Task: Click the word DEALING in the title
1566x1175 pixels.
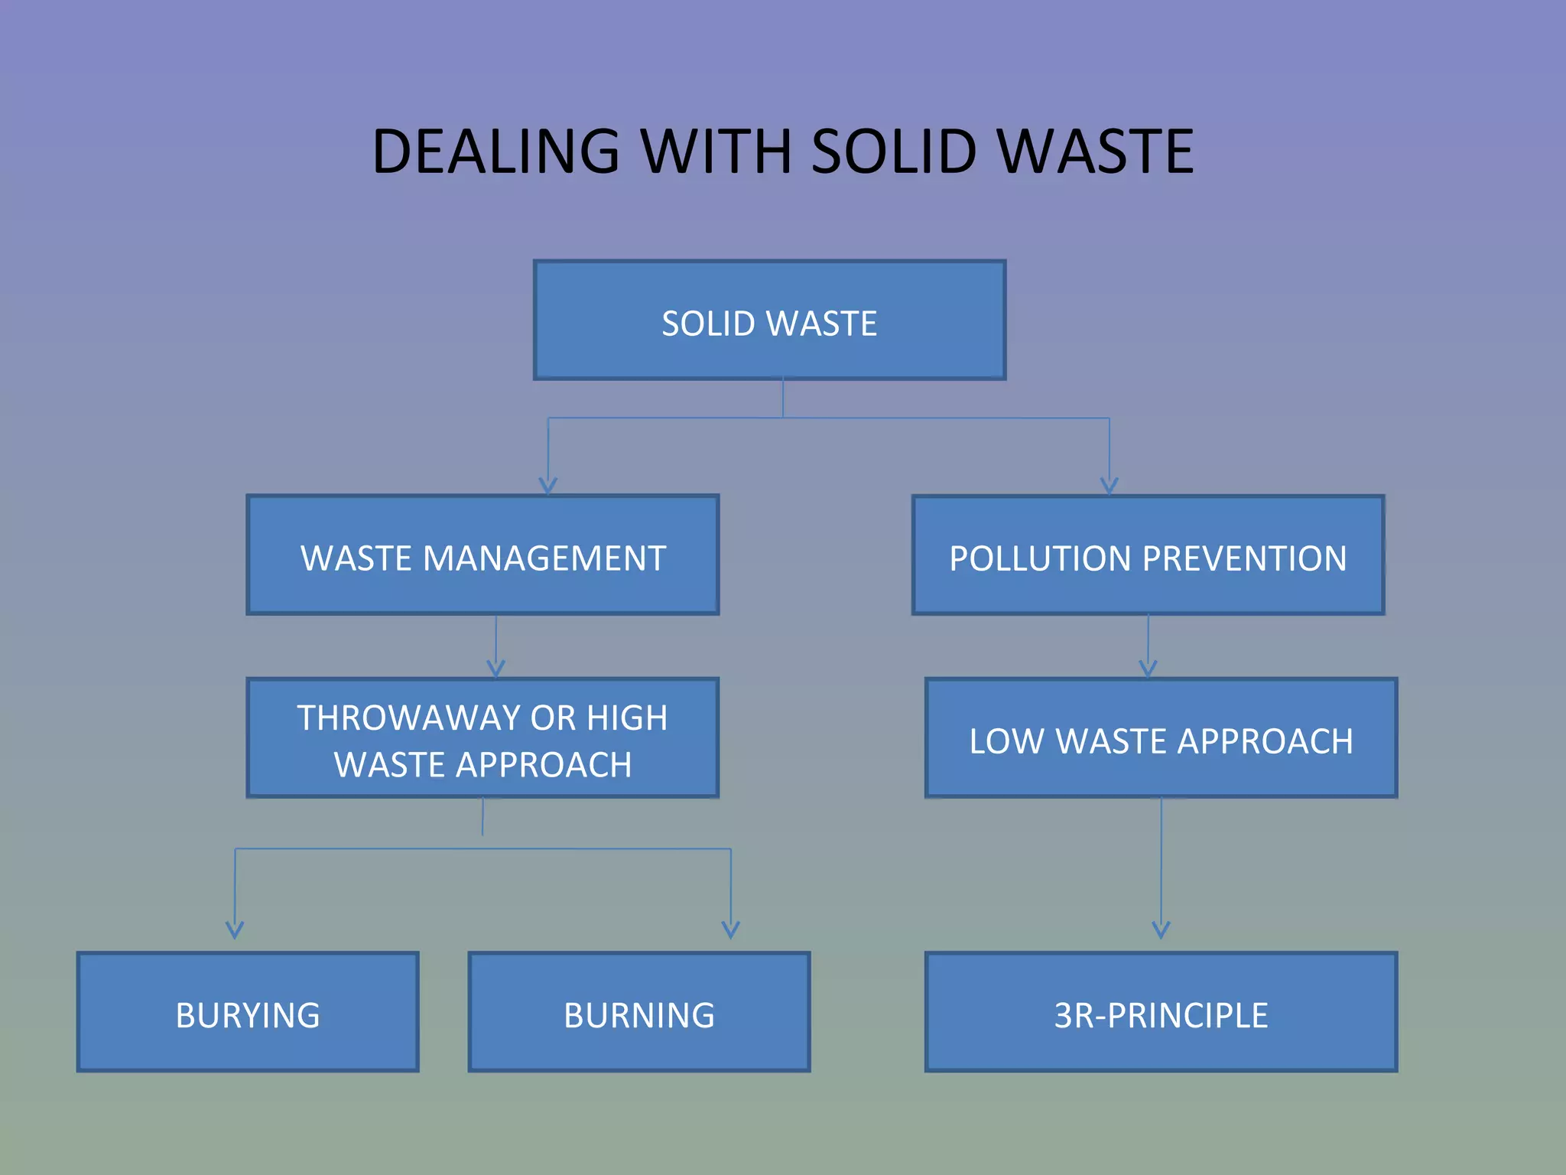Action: click(495, 151)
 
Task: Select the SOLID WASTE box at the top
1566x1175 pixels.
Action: click(769, 321)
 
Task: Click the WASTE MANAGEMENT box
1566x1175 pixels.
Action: click(482, 555)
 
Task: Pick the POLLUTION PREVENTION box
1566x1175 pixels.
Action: click(1148, 555)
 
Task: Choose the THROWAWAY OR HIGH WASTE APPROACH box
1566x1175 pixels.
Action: click(482, 738)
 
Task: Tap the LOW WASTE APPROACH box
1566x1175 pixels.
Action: click(1161, 738)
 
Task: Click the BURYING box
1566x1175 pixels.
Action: click(248, 1012)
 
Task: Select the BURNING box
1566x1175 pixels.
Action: click(638, 1012)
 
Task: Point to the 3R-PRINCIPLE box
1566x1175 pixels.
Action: click(1161, 1012)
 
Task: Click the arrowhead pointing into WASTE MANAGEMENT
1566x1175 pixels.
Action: click(547, 486)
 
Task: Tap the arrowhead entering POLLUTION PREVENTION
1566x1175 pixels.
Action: click(1109, 486)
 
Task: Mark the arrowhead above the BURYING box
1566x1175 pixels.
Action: click(235, 929)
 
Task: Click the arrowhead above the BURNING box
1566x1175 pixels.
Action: click(730, 929)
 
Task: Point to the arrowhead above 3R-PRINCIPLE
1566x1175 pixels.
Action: click(1161, 929)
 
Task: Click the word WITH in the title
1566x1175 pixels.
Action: click(715, 151)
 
